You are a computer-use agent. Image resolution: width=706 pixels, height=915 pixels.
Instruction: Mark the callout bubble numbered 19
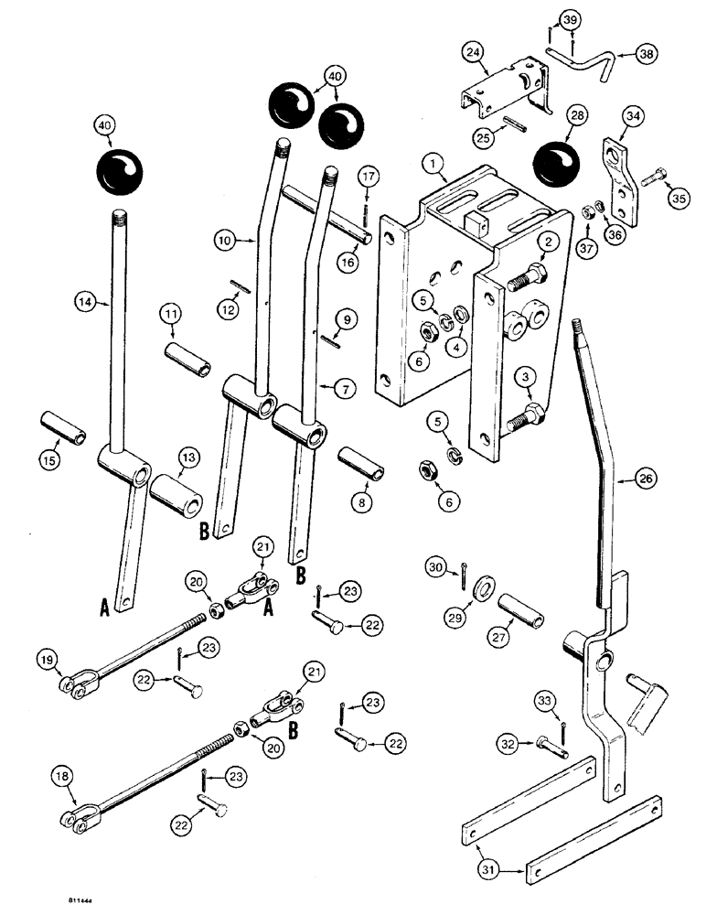(x=48, y=658)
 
